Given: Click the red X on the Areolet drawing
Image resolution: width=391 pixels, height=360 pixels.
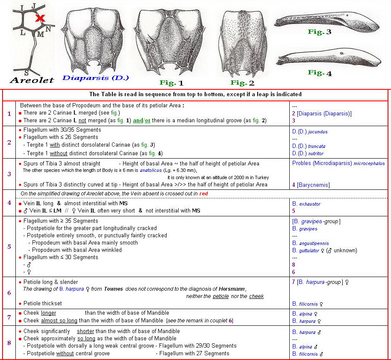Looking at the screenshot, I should point(40,18).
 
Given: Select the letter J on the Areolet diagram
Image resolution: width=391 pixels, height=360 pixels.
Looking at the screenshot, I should point(33,6).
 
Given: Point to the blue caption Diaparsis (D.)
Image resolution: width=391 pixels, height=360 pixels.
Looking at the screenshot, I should point(95,78).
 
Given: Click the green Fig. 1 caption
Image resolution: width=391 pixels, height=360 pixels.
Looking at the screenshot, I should point(171,83).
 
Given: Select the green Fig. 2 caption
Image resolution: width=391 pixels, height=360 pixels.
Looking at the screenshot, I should point(242,83).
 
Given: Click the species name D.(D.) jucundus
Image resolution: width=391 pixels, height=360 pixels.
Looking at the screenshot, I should point(310,132).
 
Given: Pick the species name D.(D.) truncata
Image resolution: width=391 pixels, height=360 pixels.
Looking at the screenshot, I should point(309,146).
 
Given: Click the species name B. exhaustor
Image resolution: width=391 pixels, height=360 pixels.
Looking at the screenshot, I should point(306,204).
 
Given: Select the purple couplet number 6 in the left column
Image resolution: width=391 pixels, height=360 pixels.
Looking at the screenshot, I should point(9,292).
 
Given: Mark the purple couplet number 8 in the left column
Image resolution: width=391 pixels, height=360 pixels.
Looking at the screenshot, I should point(9,342).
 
